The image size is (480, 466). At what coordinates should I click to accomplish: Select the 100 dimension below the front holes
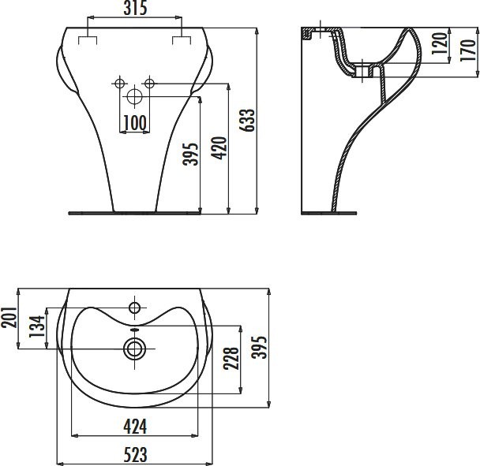[x=135, y=122]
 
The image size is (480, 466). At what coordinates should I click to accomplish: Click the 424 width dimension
[x=136, y=427]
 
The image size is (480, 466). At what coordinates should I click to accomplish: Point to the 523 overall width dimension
[x=136, y=455]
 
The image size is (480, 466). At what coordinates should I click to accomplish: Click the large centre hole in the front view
[x=135, y=98]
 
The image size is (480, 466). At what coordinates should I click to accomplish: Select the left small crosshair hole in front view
[x=120, y=83]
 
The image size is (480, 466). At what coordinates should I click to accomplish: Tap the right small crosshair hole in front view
[x=149, y=83]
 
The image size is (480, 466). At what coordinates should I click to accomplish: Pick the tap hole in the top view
[x=135, y=306]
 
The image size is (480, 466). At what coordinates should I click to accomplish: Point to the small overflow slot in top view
[x=135, y=330]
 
